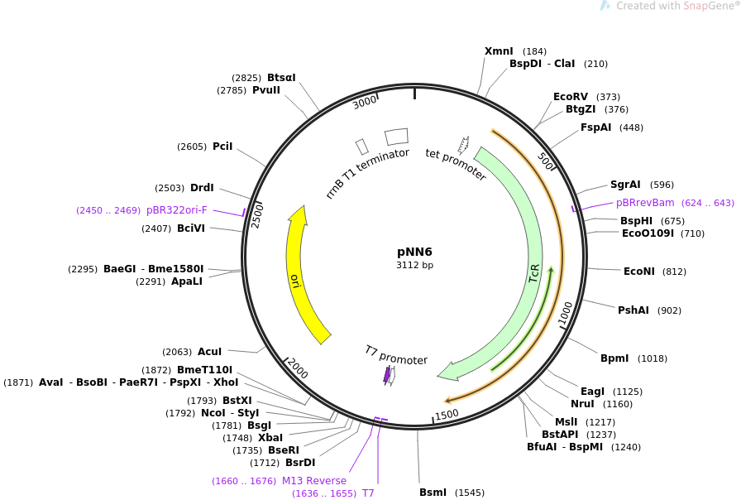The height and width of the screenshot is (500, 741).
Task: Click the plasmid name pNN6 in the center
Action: pyautogui.click(x=414, y=252)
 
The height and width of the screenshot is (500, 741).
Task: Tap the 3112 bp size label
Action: pyautogui.click(x=414, y=266)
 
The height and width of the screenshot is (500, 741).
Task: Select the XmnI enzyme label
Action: pyautogui.click(x=499, y=51)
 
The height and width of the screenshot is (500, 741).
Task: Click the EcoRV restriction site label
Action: pyautogui.click(x=571, y=97)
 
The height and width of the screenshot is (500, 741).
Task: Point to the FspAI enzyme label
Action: pyautogui.click(x=595, y=127)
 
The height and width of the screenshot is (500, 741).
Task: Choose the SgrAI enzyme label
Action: pyautogui.click(x=625, y=185)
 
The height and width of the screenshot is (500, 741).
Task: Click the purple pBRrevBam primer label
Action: pyautogui.click(x=645, y=203)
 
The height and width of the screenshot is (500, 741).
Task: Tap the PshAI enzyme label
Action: pyautogui.click(x=633, y=310)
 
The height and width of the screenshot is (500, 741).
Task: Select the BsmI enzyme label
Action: pyautogui.click(x=433, y=493)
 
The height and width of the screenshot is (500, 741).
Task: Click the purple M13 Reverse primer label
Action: pyautogui.click(x=314, y=481)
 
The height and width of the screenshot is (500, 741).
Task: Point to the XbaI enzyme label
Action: pyautogui.click(x=270, y=438)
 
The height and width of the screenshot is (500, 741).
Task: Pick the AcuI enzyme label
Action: pyautogui.click(x=209, y=352)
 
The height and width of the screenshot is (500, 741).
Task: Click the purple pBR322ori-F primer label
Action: pyautogui.click(x=177, y=210)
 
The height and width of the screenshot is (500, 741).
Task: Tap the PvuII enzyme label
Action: pyautogui.click(x=266, y=90)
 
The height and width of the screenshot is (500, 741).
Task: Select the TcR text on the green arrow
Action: pyautogui.click(x=535, y=274)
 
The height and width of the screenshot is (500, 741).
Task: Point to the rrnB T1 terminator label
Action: pyautogui.click(x=367, y=173)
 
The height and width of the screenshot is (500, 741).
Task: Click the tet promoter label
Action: pyautogui.click(x=456, y=164)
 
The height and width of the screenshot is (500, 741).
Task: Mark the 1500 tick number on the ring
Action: pyautogui.click(x=447, y=414)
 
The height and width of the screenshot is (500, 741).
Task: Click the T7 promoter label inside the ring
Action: pyautogui.click(x=396, y=355)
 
